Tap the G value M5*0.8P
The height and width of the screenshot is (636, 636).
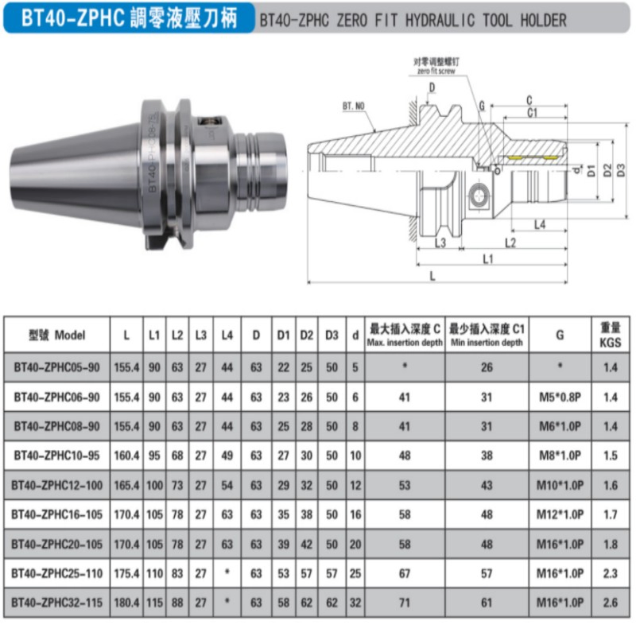(560, 396)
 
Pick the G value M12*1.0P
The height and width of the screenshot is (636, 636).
(560, 514)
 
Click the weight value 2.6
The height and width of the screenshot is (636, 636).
(610, 603)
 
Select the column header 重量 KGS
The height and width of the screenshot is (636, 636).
(610, 335)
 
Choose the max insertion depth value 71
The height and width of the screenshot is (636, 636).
(405, 603)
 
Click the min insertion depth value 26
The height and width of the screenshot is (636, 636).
(486, 366)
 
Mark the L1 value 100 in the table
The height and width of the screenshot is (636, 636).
(153, 484)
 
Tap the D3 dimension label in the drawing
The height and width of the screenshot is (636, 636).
(621, 170)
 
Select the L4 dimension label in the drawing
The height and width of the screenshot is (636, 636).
(539, 225)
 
